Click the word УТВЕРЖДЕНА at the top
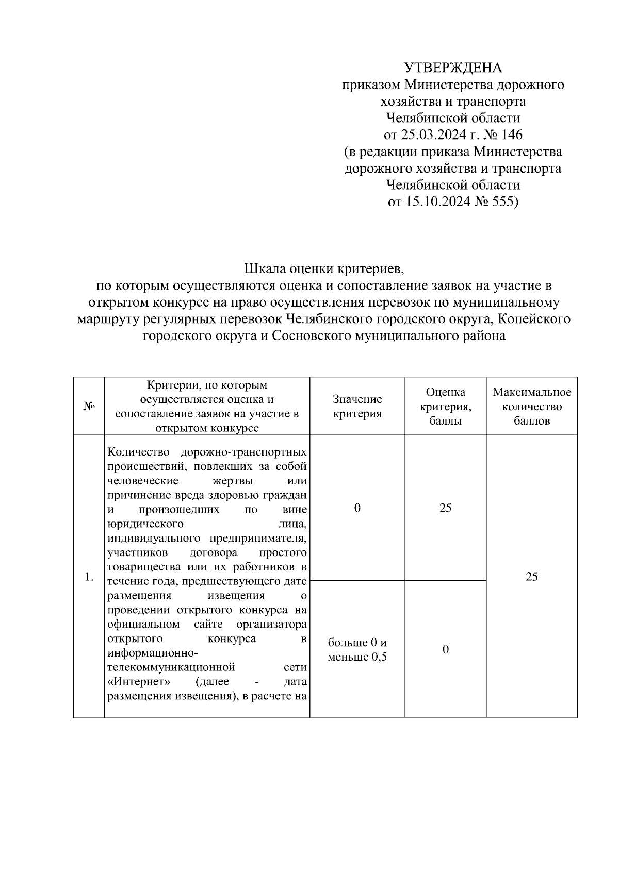[x=453, y=68]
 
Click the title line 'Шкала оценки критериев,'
[x=321, y=268]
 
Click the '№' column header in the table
[x=89, y=407]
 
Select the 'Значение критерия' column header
[x=357, y=407]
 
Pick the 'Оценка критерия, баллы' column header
[x=445, y=407]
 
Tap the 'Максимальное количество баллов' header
[x=531, y=407]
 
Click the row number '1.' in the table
[x=89, y=577]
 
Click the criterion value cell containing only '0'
[x=357, y=508]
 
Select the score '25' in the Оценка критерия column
[x=445, y=508]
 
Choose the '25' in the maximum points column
[x=531, y=577]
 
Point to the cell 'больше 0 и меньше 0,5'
[x=357, y=650]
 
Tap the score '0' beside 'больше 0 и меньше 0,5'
[x=445, y=649]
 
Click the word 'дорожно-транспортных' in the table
[x=243, y=452]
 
